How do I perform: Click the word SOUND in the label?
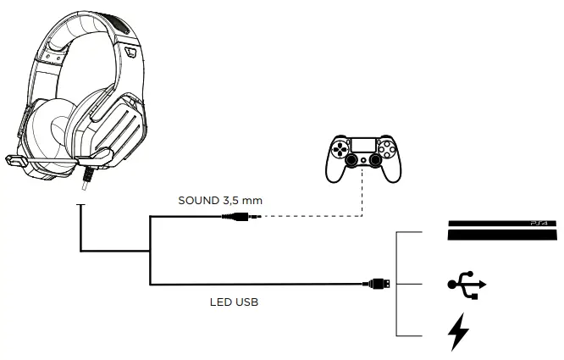197,202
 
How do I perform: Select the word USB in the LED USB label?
246,301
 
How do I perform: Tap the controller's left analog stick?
351,158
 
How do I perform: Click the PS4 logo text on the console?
539,224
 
